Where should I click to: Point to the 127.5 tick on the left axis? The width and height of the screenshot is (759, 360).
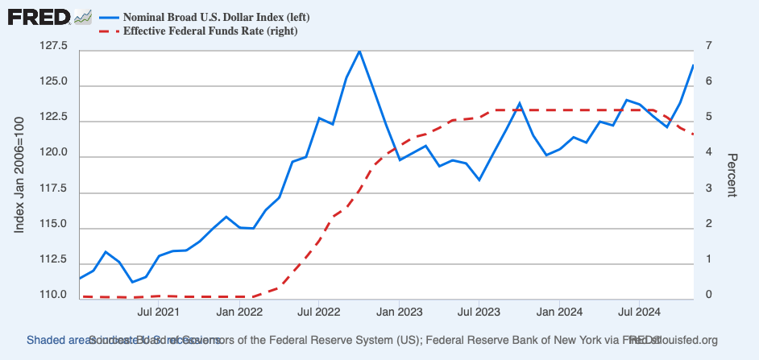[x=52, y=47]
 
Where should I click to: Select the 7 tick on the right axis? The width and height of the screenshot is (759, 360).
[x=709, y=47]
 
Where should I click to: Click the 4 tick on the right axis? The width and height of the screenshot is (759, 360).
[x=709, y=153]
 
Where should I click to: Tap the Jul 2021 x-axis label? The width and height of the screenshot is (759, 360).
[x=158, y=310]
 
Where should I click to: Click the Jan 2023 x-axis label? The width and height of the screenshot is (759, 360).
[x=399, y=310]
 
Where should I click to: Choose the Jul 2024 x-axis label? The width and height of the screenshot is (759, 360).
[x=640, y=310]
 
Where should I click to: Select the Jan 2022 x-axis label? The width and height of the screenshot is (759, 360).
[x=238, y=310]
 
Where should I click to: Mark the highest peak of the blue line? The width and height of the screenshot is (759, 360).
[x=359, y=51]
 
